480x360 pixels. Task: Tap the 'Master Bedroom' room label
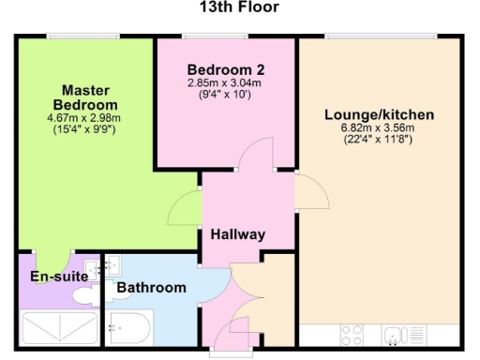coord(85,97)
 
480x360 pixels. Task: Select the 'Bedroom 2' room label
coord(226,70)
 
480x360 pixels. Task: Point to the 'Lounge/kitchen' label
coord(380,115)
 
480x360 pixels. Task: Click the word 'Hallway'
coord(237,234)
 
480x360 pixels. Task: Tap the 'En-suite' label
coord(59,277)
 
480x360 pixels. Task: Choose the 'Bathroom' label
coord(151,288)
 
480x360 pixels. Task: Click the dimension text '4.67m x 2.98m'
coord(84,118)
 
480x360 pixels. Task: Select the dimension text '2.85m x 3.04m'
coord(226,83)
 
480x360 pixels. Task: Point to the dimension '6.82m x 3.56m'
coord(380,128)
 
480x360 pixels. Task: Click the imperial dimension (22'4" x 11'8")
coord(380,140)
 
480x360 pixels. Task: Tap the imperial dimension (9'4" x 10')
coord(226,94)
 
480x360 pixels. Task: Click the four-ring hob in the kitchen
coord(353,334)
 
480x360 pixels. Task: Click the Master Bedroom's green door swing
coord(186,208)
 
